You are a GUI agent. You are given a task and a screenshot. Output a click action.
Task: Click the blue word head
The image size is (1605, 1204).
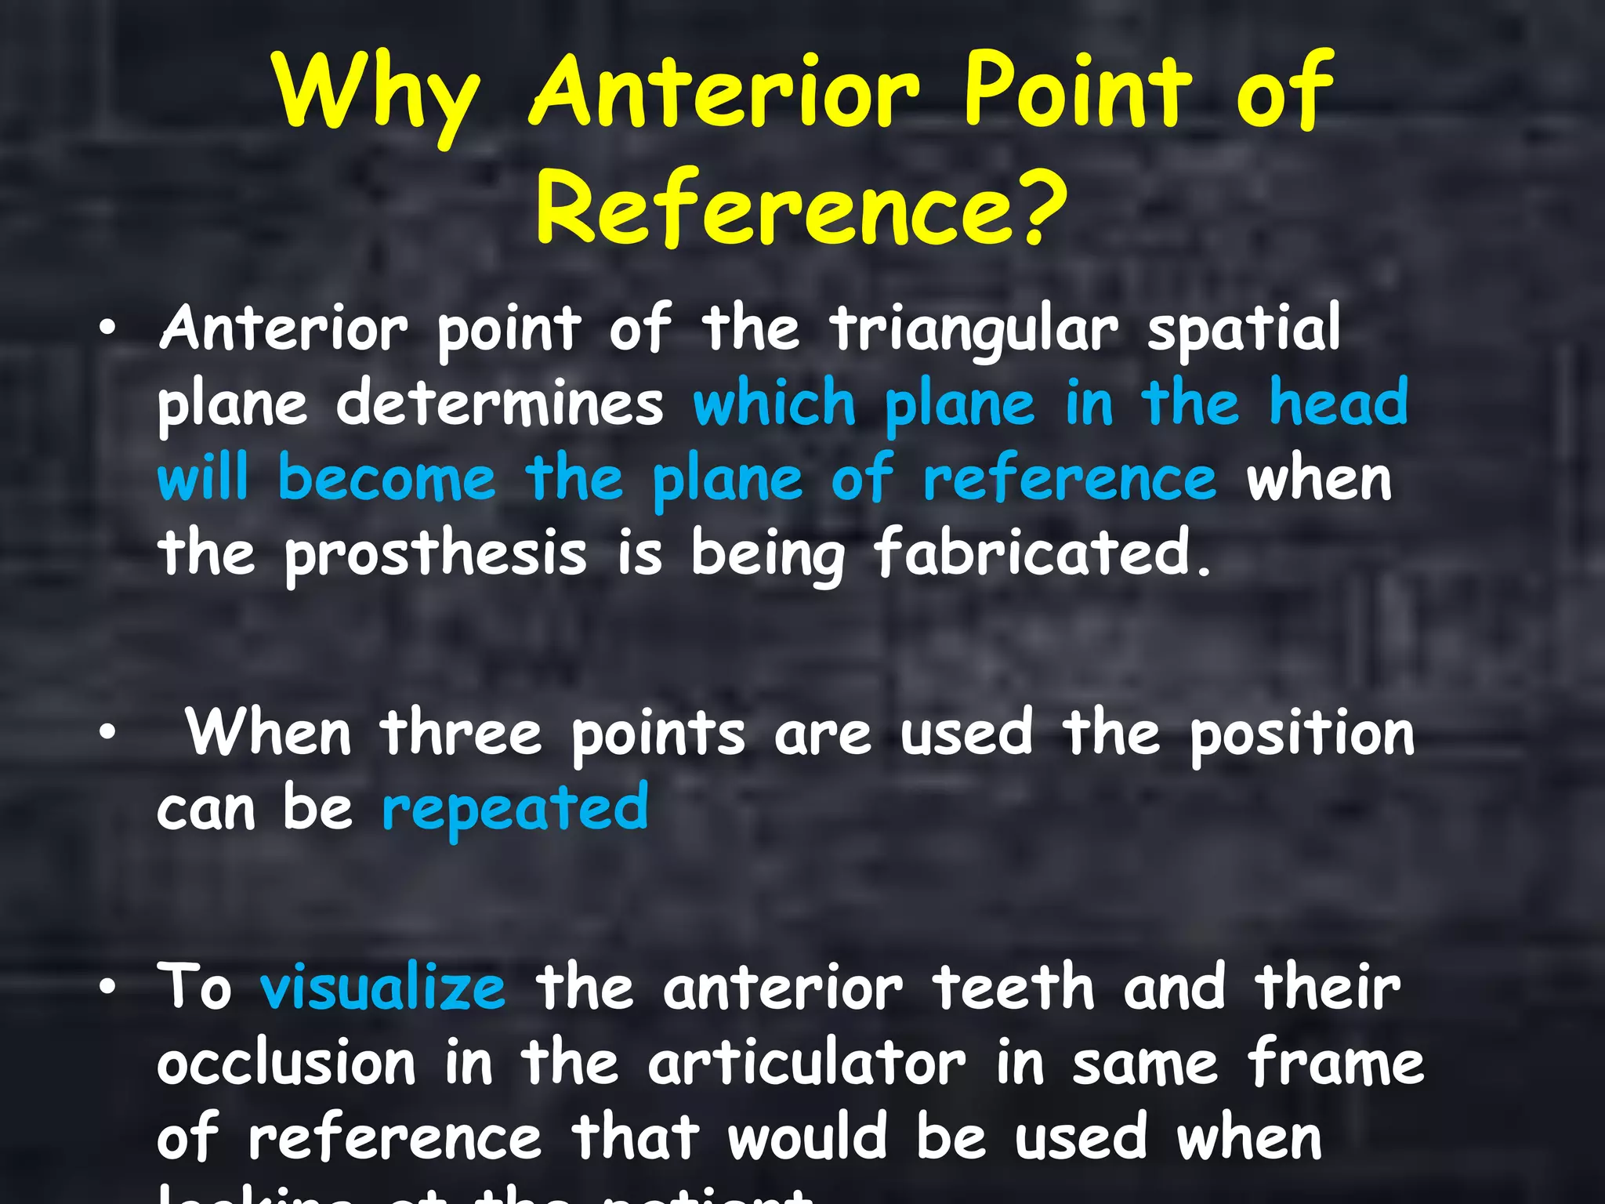pyautogui.click(x=1338, y=401)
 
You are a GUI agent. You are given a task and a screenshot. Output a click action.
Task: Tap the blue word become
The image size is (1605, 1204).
pyautogui.click(x=387, y=477)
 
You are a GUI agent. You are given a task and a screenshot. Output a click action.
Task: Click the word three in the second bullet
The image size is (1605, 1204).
pyautogui.click(x=461, y=733)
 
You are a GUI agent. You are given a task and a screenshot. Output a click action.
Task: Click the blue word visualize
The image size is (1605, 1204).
pyautogui.click(x=382, y=988)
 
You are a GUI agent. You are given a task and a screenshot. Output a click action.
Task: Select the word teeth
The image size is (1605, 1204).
pyautogui.click(x=1013, y=988)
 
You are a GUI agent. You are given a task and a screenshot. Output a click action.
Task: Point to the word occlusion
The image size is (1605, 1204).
pyautogui.click(x=286, y=1064)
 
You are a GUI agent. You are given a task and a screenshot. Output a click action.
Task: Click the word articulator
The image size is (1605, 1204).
pyautogui.click(x=806, y=1064)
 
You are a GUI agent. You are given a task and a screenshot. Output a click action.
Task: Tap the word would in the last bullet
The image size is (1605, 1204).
pyautogui.click(x=807, y=1137)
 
